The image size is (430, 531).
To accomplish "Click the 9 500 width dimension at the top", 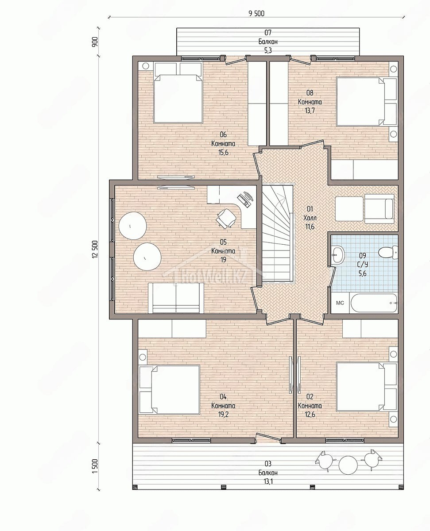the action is click(x=256, y=13).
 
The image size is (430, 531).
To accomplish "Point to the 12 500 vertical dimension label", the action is click(x=95, y=249).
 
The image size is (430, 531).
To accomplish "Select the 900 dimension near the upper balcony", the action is click(x=95, y=42).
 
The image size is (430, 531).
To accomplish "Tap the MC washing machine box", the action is click(x=340, y=303).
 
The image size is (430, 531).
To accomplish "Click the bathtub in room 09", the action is click(x=374, y=303).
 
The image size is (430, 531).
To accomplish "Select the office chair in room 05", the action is click(x=226, y=218).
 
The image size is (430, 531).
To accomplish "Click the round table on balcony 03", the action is click(x=348, y=465).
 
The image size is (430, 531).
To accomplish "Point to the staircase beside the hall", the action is click(x=277, y=234).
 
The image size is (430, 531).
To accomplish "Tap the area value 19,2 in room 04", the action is click(x=223, y=414).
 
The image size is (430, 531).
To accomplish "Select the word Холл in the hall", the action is click(x=310, y=218).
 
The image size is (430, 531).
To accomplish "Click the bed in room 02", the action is click(x=366, y=387).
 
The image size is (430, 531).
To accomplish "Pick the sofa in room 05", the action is click(x=176, y=298).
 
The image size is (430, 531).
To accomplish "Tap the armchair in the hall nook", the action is click(x=379, y=209).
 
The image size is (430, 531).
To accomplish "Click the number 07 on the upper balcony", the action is click(x=268, y=32).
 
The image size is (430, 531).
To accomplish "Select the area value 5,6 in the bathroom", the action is click(x=362, y=273).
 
